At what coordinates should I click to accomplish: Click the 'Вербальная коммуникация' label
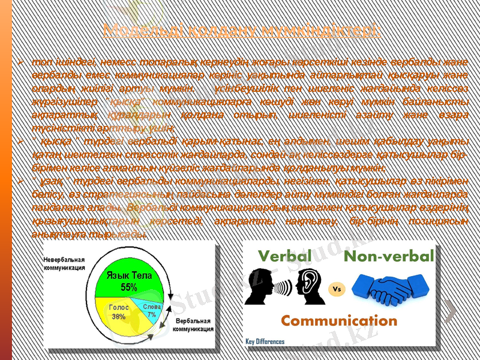(193, 325)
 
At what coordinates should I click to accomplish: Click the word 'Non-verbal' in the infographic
(389, 256)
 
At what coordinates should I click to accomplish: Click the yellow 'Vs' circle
(337, 287)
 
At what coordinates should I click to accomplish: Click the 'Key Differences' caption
(265, 341)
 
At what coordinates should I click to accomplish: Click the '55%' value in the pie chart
(129, 287)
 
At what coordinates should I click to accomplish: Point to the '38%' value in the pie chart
(119, 316)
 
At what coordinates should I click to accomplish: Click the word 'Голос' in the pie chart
(119, 307)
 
